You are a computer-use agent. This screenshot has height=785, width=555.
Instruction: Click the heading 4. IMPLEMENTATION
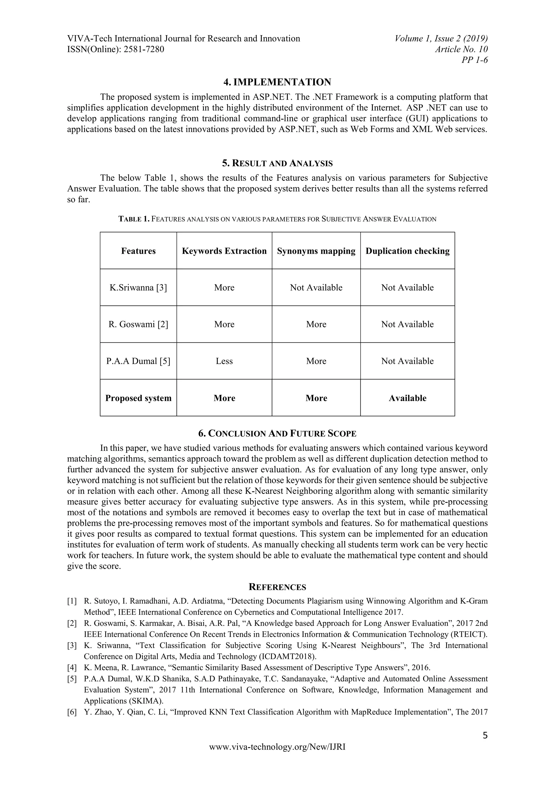click(x=277, y=82)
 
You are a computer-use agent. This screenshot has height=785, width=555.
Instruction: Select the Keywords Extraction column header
click(x=224, y=251)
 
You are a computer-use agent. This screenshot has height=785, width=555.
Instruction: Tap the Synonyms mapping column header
click(x=316, y=251)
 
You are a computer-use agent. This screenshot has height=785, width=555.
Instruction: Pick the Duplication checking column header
click(x=407, y=251)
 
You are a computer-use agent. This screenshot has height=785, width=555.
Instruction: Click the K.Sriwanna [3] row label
click(x=138, y=288)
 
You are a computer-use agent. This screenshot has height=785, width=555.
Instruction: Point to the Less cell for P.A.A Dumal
click(x=224, y=361)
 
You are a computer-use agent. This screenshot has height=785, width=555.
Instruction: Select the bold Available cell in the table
click(x=407, y=398)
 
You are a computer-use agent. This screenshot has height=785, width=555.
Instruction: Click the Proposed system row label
click(x=138, y=398)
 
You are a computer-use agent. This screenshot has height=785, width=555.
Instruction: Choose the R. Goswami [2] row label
click(x=138, y=324)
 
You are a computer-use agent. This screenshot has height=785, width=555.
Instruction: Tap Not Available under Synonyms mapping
click(x=316, y=288)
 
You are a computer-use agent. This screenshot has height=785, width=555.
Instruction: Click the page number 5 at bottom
click(x=485, y=735)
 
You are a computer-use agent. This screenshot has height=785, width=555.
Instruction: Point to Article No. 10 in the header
click(x=461, y=49)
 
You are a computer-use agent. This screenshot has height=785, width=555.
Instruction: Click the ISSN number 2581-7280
click(x=144, y=49)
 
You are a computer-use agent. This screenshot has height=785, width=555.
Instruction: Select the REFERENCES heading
click(x=277, y=587)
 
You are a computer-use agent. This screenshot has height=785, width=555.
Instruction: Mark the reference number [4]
click(x=72, y=668)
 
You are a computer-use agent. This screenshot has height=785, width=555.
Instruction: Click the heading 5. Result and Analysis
click(x=277, y=163)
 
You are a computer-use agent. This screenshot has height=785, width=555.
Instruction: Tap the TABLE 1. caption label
click(x=134, y=219)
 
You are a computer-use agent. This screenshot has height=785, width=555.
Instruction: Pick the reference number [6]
click(x=72, y=712)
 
